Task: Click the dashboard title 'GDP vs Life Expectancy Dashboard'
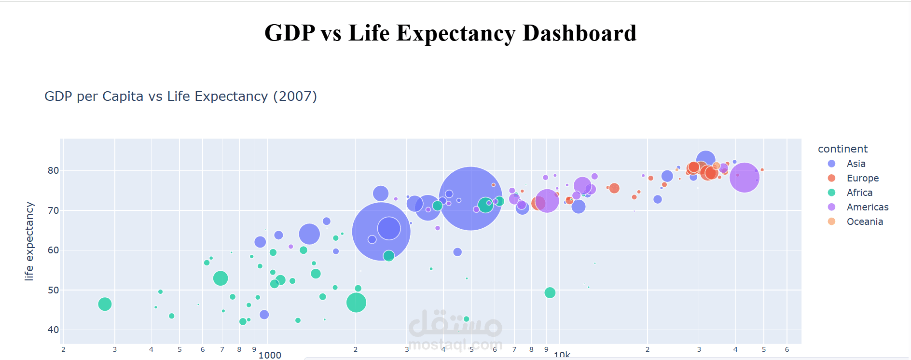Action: pyautogui.click(x=450, y=33)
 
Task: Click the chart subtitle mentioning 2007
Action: pyautogui.click(x=180, y=97)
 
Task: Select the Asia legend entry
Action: pyautogui.click(x=856, y=164)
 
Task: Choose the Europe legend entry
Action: pyautogui.click(x=862, y=179)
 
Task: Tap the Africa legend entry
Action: pyautogui.click(x=859, y=193)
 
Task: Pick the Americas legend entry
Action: pyautogui.click(x=867, y=208)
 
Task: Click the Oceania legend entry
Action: pyautogui.click(x=864, y=222)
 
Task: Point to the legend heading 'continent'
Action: pyautogui.click(x=842, y=149)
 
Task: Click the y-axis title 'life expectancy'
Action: pyautogui.click(x=29, y=241)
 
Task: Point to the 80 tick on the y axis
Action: pyautogui.click(x=53, y=171)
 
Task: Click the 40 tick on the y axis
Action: pyautogui.click(x=53, y=330)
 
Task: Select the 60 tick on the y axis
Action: pyautogui.click(x=53, y=250)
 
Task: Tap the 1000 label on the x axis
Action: pyautogui.click(x=270, y=355)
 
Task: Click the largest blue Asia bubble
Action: pyautogui.click(x=470, y=198)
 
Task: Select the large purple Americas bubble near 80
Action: pyautogui.click(x=744, y=178)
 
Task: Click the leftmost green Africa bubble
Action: pyautogui.click(x=105, y=304)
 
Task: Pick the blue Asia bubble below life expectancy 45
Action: pyautogui.click(x=264, y=315)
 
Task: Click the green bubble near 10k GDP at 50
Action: pyautogui.click(x=550, y=293)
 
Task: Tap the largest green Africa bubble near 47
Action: pyautogui.click(x=356, y=303)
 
